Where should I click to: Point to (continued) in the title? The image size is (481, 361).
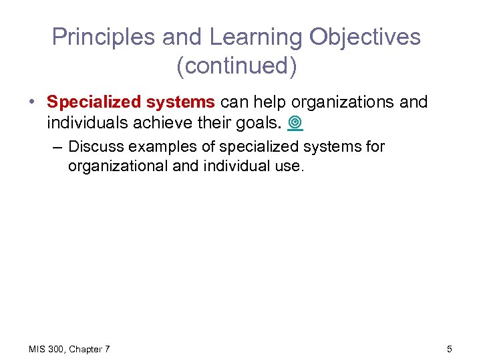[237, 67]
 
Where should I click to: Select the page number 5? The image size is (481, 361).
[450, 348]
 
